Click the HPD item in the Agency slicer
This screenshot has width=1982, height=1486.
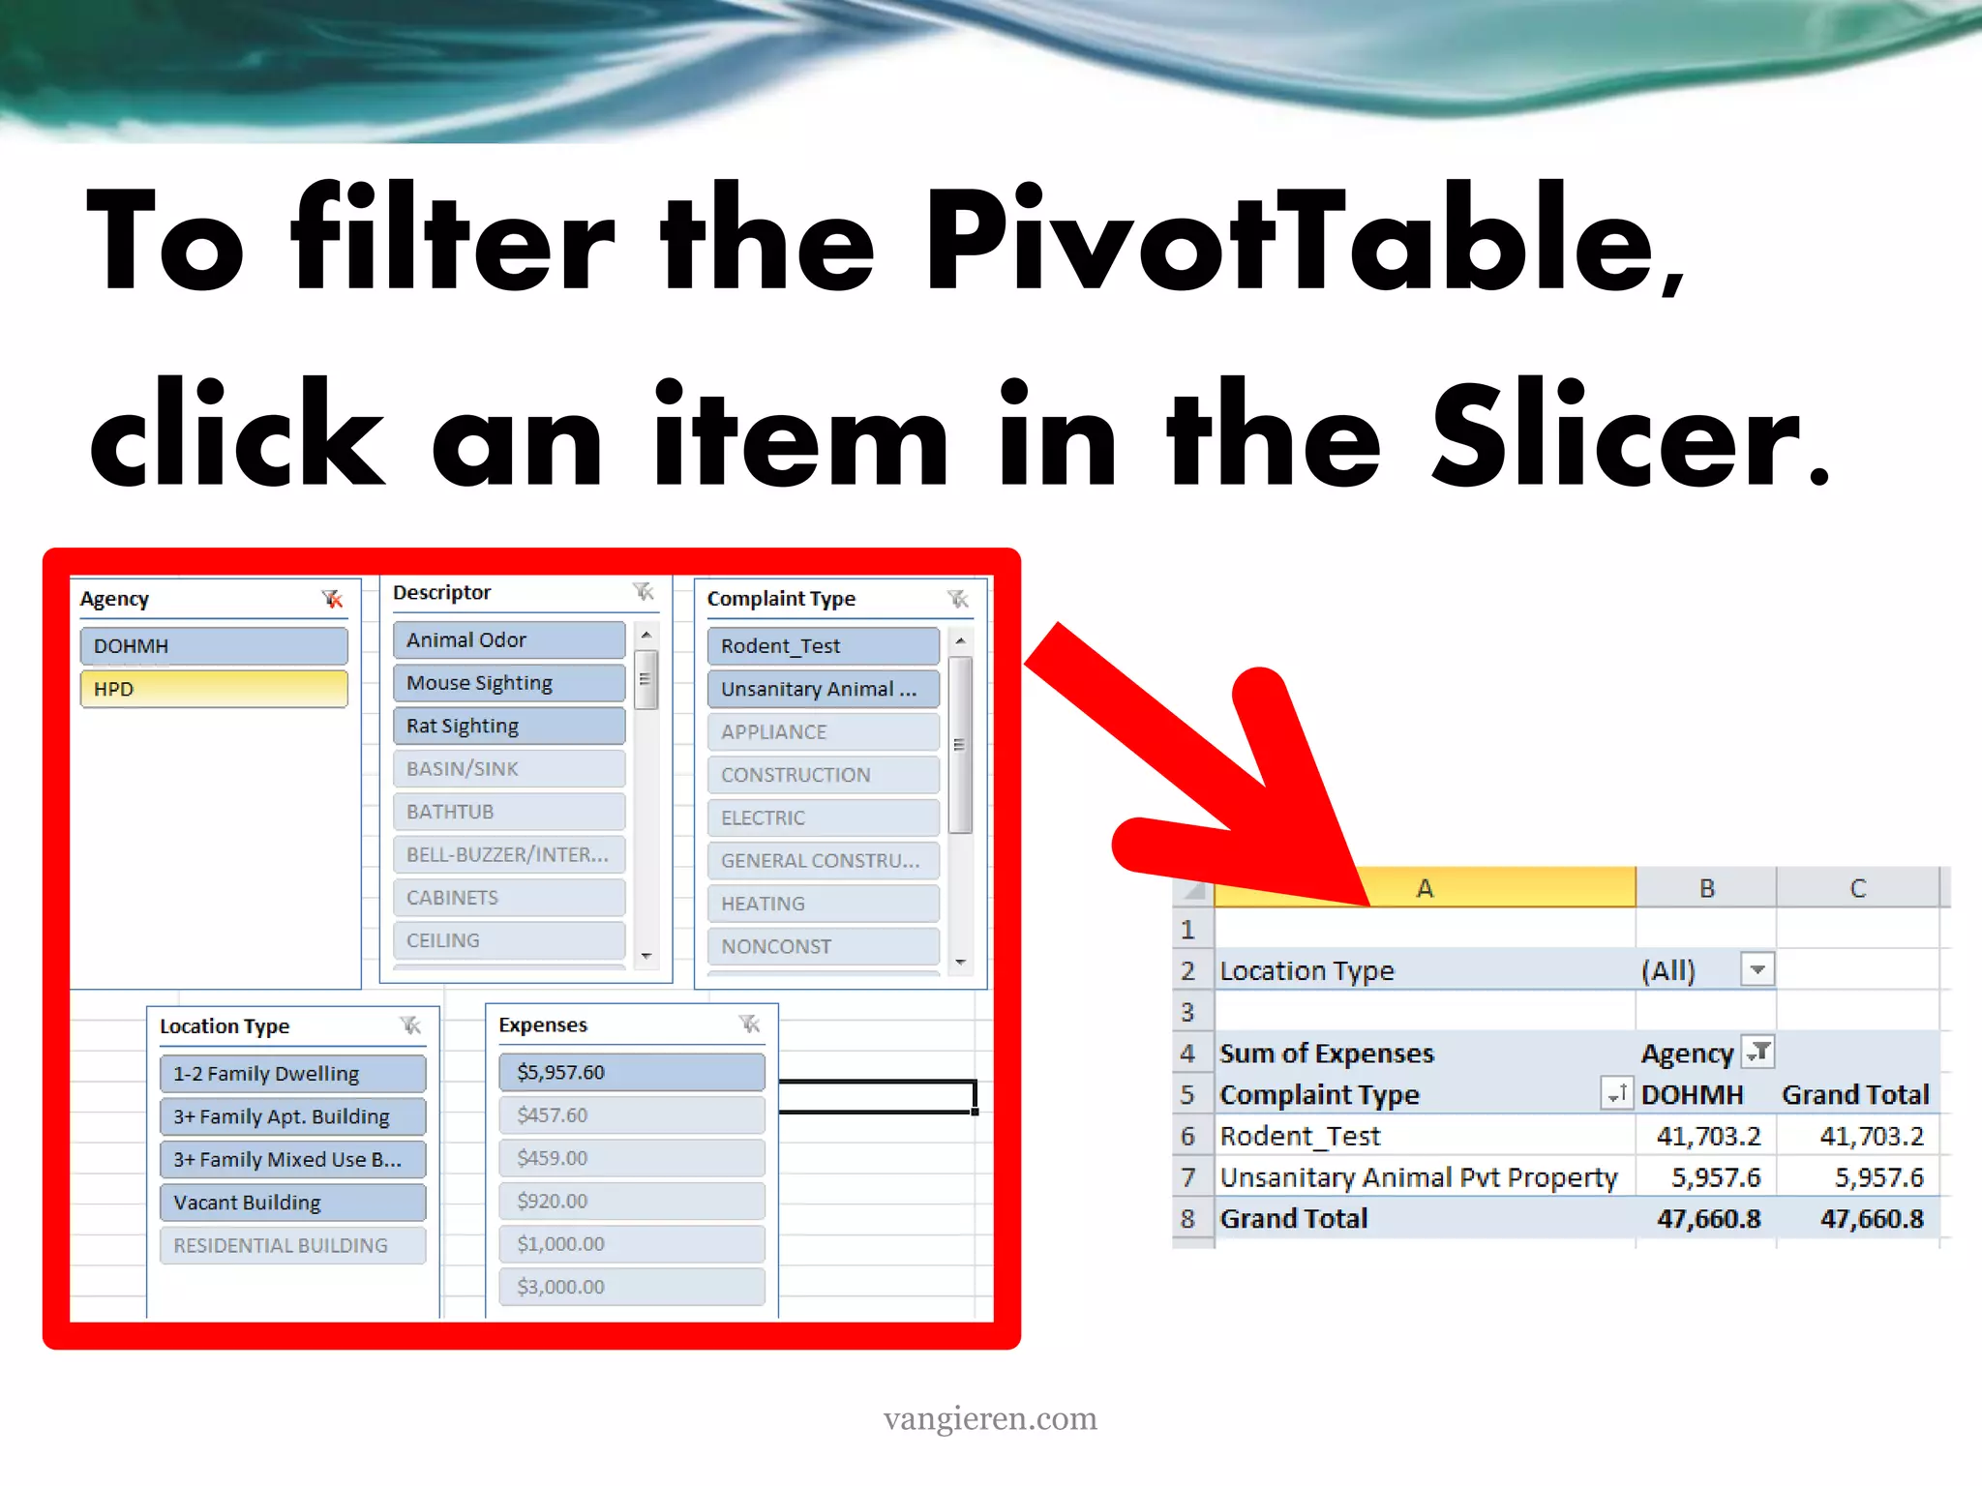(x=213, y=689)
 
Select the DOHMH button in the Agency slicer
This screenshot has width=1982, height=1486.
(x=213, y=645)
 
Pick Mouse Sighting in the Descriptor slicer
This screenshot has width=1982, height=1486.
(x=509, y=683)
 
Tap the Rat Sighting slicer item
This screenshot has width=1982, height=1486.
(x=509, y=726)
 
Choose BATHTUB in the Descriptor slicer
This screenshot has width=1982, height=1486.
(x=509, y=812)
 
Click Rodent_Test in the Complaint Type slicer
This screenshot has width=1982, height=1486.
(x=823, y=645)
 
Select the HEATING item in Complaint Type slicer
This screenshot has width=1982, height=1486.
(x=823, y=904)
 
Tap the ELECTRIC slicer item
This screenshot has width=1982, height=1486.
(x=823, y=817)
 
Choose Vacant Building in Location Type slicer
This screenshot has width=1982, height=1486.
(x=292, y=1203)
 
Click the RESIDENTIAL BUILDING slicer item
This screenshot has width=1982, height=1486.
(x=292, y=1245)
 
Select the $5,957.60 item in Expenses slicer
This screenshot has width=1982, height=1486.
(x=631, y=1072)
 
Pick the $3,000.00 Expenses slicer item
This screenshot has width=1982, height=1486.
(x=631, y=1287)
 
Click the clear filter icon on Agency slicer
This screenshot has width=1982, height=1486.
(x=332, y=600)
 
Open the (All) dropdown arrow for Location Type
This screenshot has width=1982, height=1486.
(x=1757, y=969)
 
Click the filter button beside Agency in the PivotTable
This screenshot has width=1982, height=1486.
(x=1757, y=1052)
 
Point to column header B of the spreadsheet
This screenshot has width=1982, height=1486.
(x=1706, y=888)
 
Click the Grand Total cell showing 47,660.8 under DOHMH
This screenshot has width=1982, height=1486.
(x=1708, y=1219)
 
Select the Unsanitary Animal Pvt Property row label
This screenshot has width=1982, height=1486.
(x=1418, y=1177)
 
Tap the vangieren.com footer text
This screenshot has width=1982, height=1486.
(x=990, y=1418)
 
